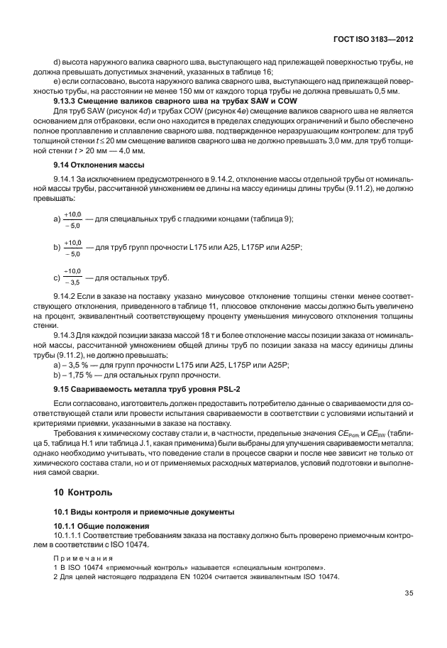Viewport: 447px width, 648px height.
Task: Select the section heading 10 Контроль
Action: pos(82,492)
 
